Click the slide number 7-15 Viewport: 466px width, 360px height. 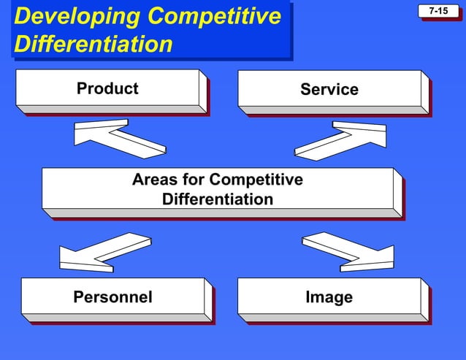[x=438, y=12]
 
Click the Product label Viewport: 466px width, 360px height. [x=107, y=89]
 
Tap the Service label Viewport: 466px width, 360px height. [x=329, y=90]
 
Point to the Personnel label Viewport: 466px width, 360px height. [x=112, y=297]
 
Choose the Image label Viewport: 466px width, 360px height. [x=329, y=297]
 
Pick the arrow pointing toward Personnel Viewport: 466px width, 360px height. [x=105, y=253]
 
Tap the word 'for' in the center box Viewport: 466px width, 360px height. [x=194, y=180]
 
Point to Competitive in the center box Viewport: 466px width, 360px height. [x=256, y=180]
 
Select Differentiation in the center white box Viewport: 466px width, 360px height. [x=218, y=199]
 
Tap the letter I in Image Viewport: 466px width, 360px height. [x=308, y=297]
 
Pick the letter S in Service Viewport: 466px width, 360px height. [x=305, y=90]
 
